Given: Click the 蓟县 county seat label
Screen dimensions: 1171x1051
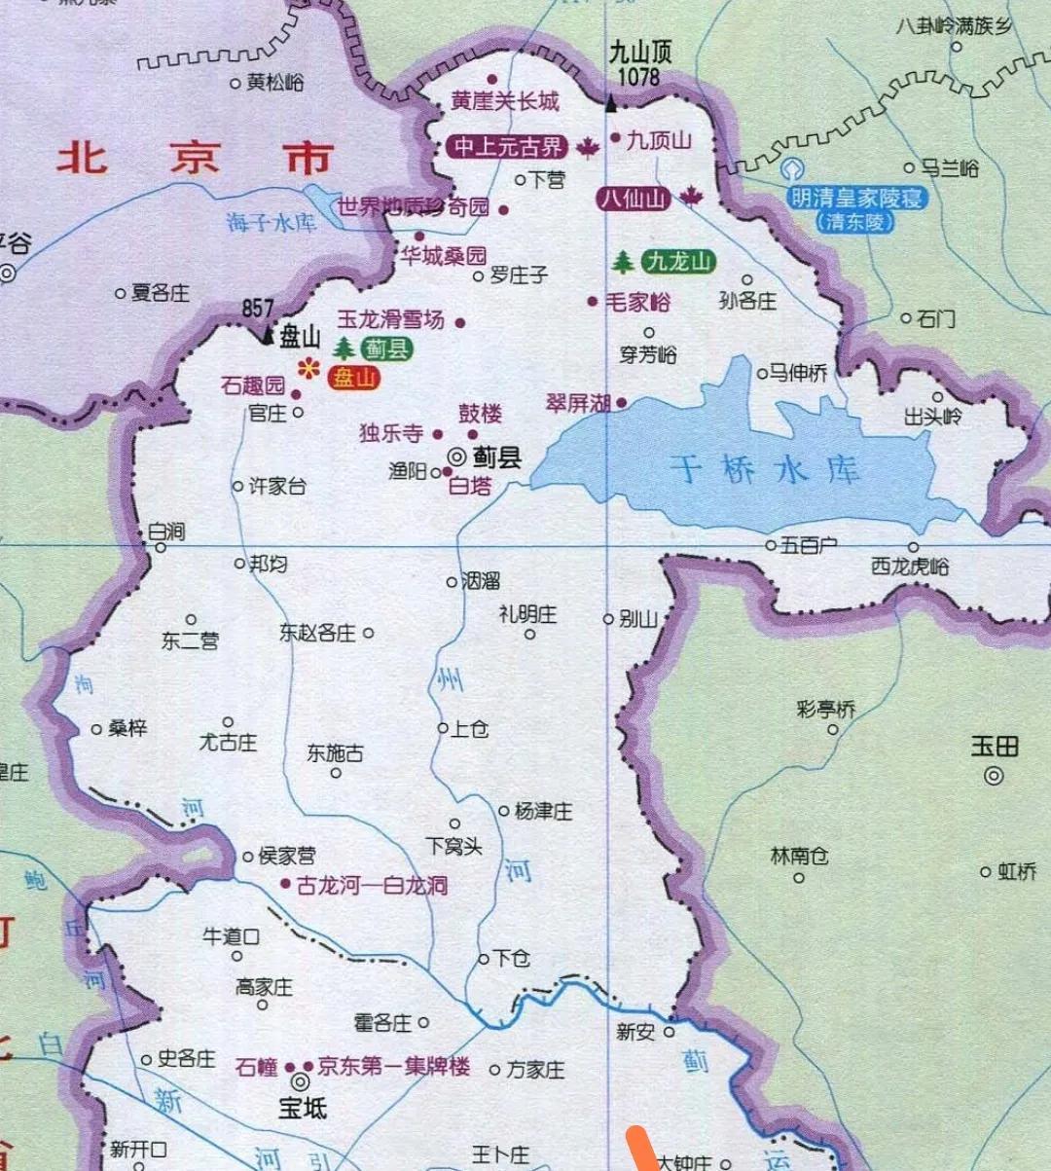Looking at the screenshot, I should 496,457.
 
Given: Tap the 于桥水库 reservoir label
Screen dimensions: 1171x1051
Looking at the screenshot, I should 766,470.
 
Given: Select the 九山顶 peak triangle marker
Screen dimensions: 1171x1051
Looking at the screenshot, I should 611,101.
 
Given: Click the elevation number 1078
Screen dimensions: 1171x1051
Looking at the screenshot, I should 638,77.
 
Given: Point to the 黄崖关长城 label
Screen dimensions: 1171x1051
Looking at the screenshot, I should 504,100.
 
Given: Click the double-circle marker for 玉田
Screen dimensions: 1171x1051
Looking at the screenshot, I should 994,776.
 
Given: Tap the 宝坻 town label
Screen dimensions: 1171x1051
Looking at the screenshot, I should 303,1107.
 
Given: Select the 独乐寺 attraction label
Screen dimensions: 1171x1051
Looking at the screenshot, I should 391,433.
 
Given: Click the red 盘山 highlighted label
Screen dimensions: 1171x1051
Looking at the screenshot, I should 353,377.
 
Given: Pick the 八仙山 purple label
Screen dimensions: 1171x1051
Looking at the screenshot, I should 634,199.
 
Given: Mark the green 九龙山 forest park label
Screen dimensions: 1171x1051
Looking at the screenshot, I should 678,261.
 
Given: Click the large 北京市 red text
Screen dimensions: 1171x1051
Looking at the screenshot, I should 195,158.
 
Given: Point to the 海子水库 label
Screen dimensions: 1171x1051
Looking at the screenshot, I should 272,223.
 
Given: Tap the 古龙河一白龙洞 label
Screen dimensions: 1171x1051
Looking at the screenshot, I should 372,885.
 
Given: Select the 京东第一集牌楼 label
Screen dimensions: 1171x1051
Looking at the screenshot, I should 394,1066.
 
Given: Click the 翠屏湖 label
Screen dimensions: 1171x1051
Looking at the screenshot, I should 578,403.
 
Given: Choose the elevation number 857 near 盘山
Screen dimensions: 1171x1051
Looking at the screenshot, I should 258,309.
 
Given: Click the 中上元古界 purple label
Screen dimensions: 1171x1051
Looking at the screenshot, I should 508,147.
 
